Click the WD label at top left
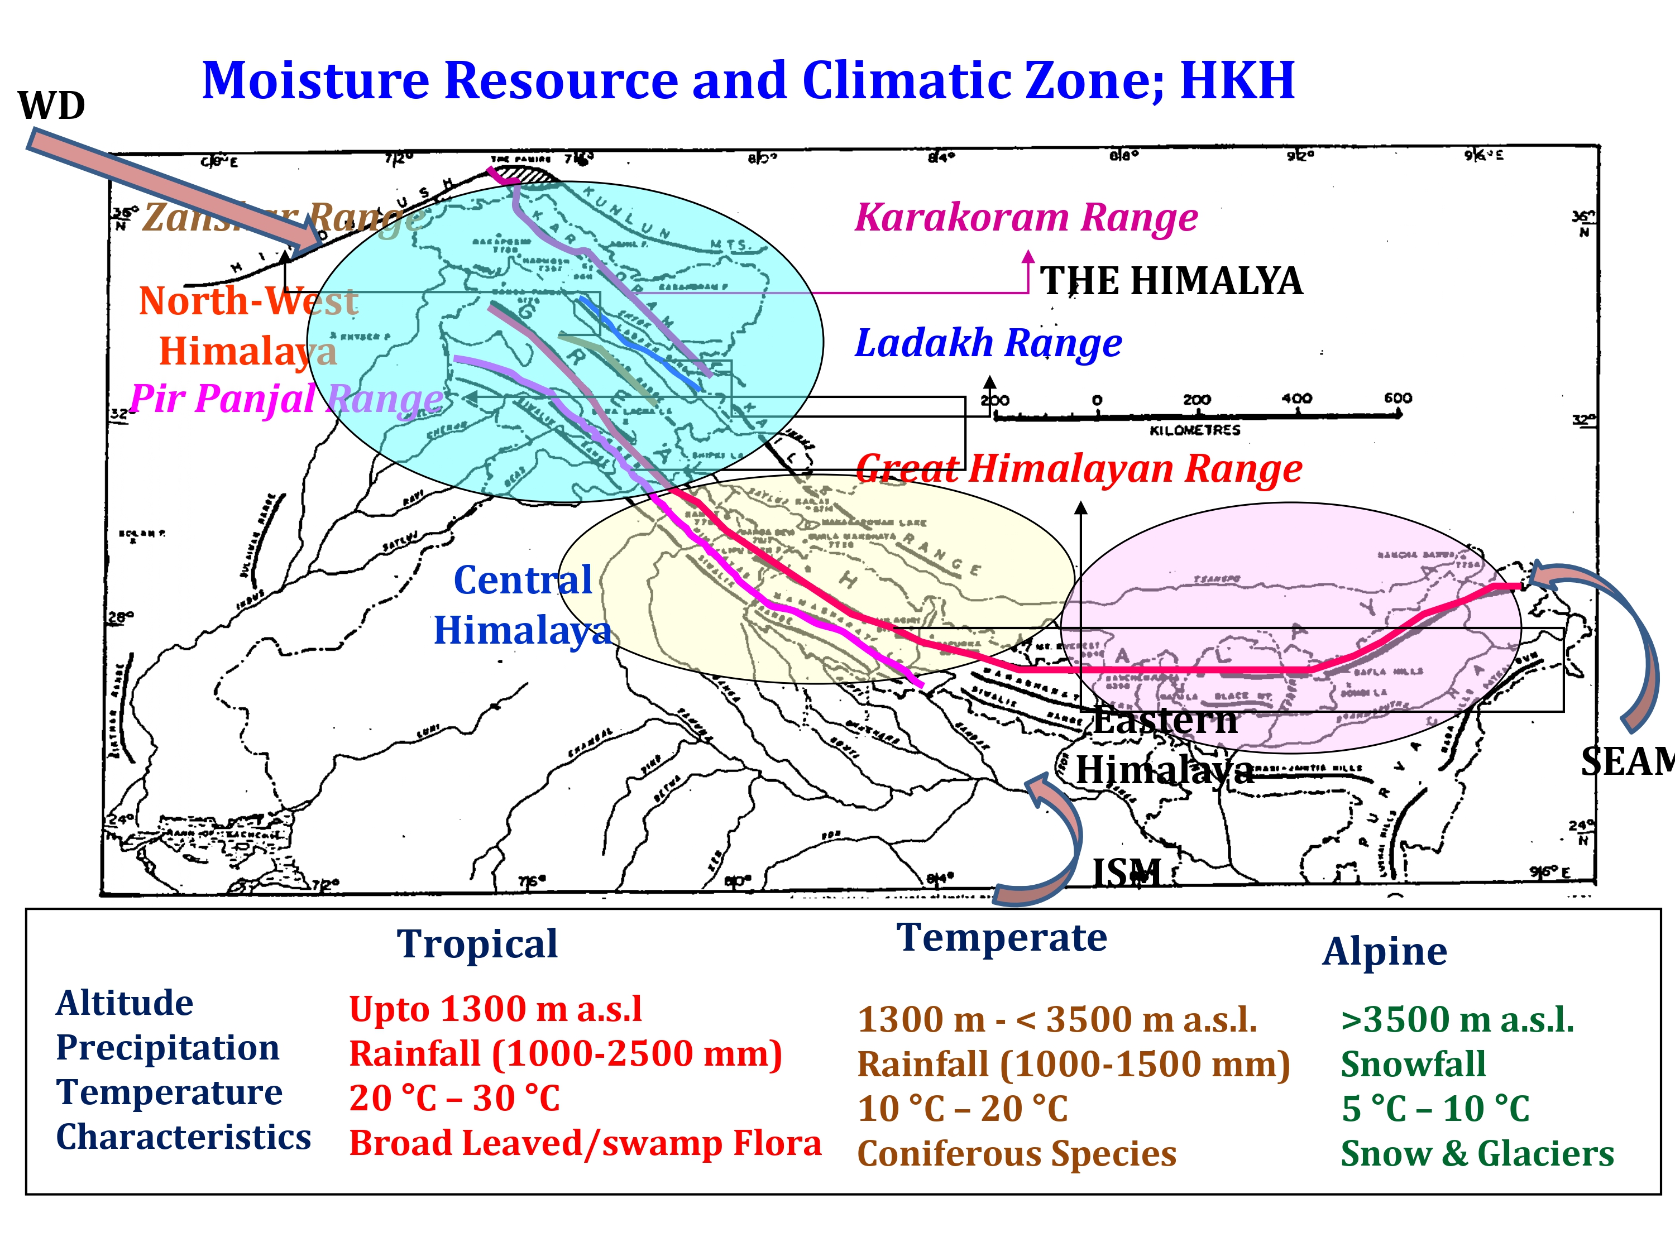(51, 106)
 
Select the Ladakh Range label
(988, 343)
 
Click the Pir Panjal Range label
(286, 398)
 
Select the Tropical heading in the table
(477, 944)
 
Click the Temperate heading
(1001, 937)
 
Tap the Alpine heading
(1384, 952)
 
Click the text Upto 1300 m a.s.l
(495, 1009)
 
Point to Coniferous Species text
(1016, 1154)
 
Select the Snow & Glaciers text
(1477, 1154)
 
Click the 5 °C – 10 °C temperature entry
(1435, 1109)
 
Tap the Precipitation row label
(167, 1048)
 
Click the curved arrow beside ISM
(1049, 840)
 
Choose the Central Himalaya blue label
(523, 606)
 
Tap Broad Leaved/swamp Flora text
(585, 1143)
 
